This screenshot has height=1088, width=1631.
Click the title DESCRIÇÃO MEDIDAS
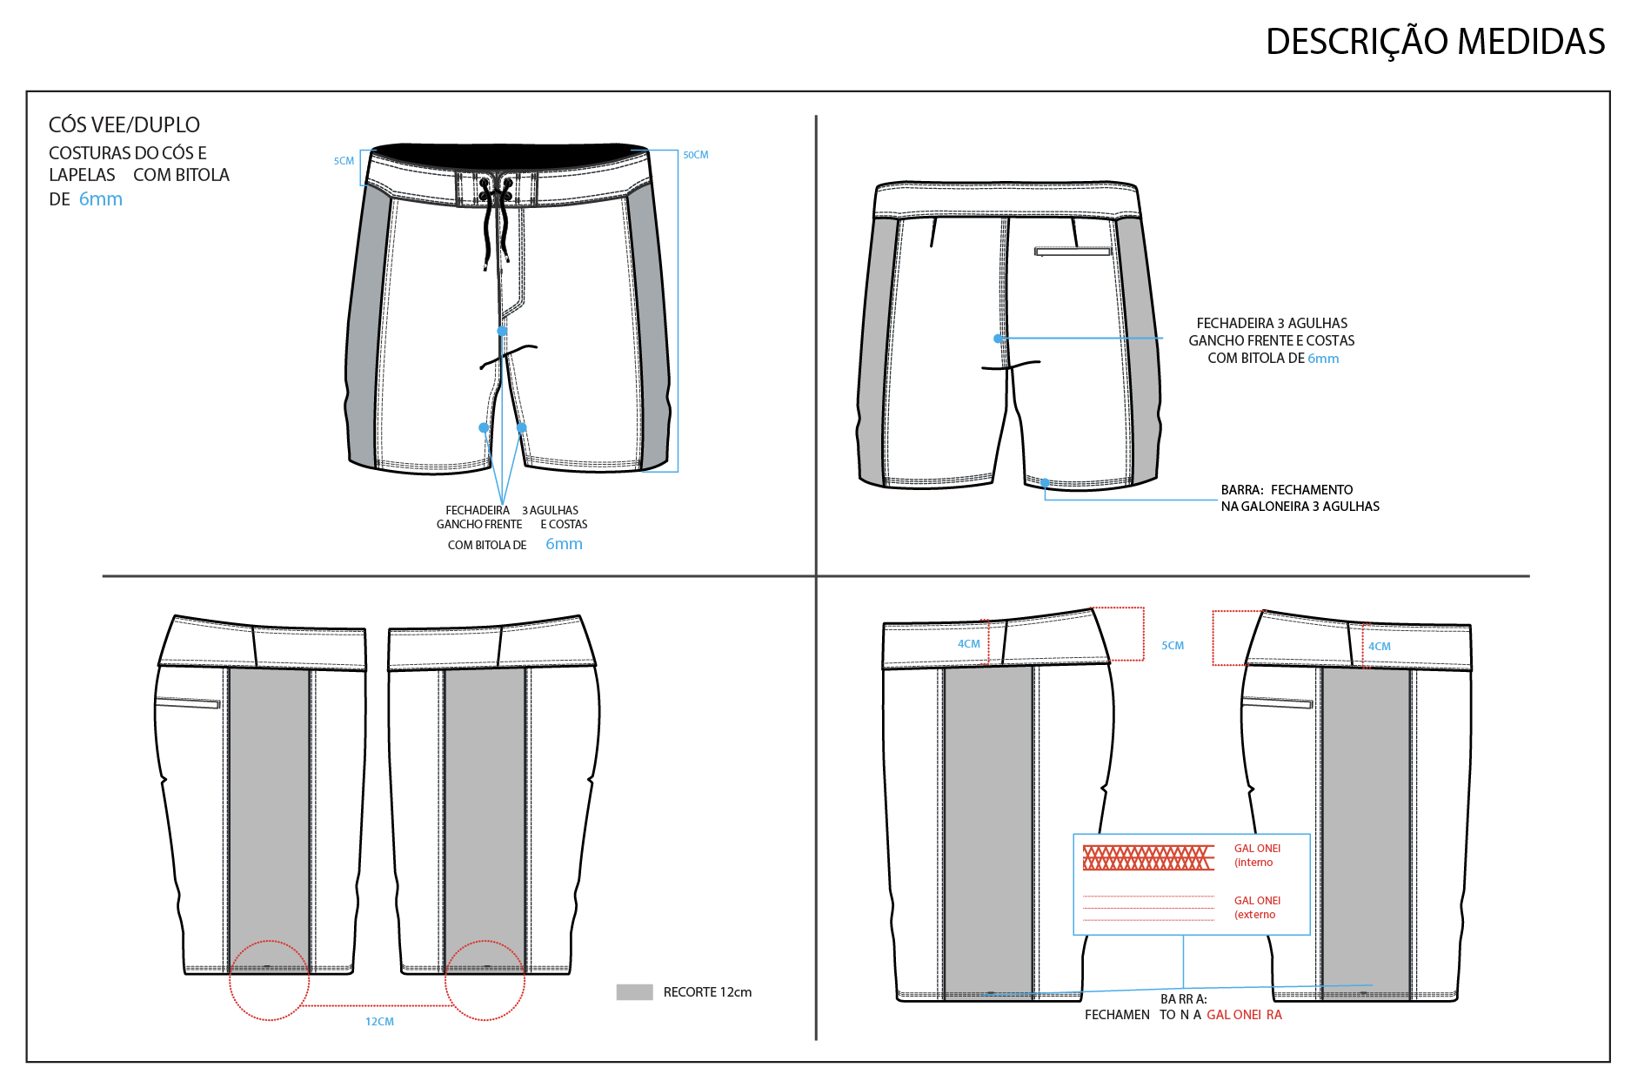tap(1435, 42)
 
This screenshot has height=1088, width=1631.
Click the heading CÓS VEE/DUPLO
tap(124, 124)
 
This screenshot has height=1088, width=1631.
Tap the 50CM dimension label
tap(696, 155)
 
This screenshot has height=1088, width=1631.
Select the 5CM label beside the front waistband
tap(344, 161)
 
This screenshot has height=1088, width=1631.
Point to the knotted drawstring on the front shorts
tap(493, 218)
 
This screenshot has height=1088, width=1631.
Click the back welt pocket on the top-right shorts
tap(1073, 252)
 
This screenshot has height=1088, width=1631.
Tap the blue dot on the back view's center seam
tap(999, 339)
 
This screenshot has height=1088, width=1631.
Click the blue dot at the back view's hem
tap(1045, 482)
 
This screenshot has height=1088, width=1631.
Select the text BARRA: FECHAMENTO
tap(1287, 490)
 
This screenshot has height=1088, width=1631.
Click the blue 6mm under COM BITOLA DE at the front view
tap(564, 544)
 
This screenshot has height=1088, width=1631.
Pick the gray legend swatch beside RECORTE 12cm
tap(634, 992)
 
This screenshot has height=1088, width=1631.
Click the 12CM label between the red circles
tap(379, 1022)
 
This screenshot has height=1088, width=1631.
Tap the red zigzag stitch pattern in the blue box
tap(1148, 857)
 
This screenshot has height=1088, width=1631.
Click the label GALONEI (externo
tap(1257, 908)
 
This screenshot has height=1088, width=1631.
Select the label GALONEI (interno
tap(1257, 856)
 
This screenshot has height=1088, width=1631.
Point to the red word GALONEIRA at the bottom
tap(1244, 1015)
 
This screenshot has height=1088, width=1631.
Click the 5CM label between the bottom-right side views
tap(1173, 646)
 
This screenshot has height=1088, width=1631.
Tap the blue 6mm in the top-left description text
tap(101, 199)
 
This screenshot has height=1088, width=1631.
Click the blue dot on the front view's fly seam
tap(502, 331)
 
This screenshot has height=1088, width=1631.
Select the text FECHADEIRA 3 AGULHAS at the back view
tap(1272, 323)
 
